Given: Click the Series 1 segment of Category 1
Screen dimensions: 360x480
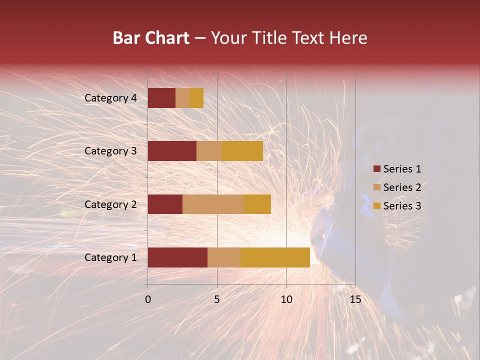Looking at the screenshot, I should tap(177, 257).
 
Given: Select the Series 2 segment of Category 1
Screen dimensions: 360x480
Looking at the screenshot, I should tap(224, 257).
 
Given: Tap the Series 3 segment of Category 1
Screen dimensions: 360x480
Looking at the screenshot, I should tap(275, 257).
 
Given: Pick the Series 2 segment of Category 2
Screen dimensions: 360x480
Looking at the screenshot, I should tap(213, 204).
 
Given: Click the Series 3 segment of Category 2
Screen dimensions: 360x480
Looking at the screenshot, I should tap(257, 204).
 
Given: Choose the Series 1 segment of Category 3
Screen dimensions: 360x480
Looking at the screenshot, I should tap(172, 151).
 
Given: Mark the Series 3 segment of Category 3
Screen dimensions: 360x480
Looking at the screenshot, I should tap(242, 151).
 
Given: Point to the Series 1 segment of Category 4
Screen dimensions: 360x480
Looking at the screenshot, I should tap(161, 98).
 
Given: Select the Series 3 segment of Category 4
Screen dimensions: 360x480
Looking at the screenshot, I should tap(196, 98).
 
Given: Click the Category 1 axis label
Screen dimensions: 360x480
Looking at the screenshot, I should tap(110, 257).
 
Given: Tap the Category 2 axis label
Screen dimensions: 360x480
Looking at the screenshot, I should tap(110, 204).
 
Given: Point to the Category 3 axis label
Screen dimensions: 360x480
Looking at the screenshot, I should tap(110, 151).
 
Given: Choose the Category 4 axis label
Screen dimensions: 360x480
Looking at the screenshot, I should tap(110, 98).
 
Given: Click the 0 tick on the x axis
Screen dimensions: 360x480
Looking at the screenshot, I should tap(148, 299).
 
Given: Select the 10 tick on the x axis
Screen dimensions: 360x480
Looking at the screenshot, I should tap(286, 299).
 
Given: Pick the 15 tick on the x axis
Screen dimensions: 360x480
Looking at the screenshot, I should tap(355, 299).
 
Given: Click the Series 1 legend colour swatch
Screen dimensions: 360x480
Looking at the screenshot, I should tap(376, 169).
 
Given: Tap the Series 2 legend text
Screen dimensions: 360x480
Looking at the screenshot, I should tap(402, 187).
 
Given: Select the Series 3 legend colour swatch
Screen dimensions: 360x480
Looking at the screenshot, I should tap(376, 206).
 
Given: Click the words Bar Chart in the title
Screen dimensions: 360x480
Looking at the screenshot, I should tap(151, 38).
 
